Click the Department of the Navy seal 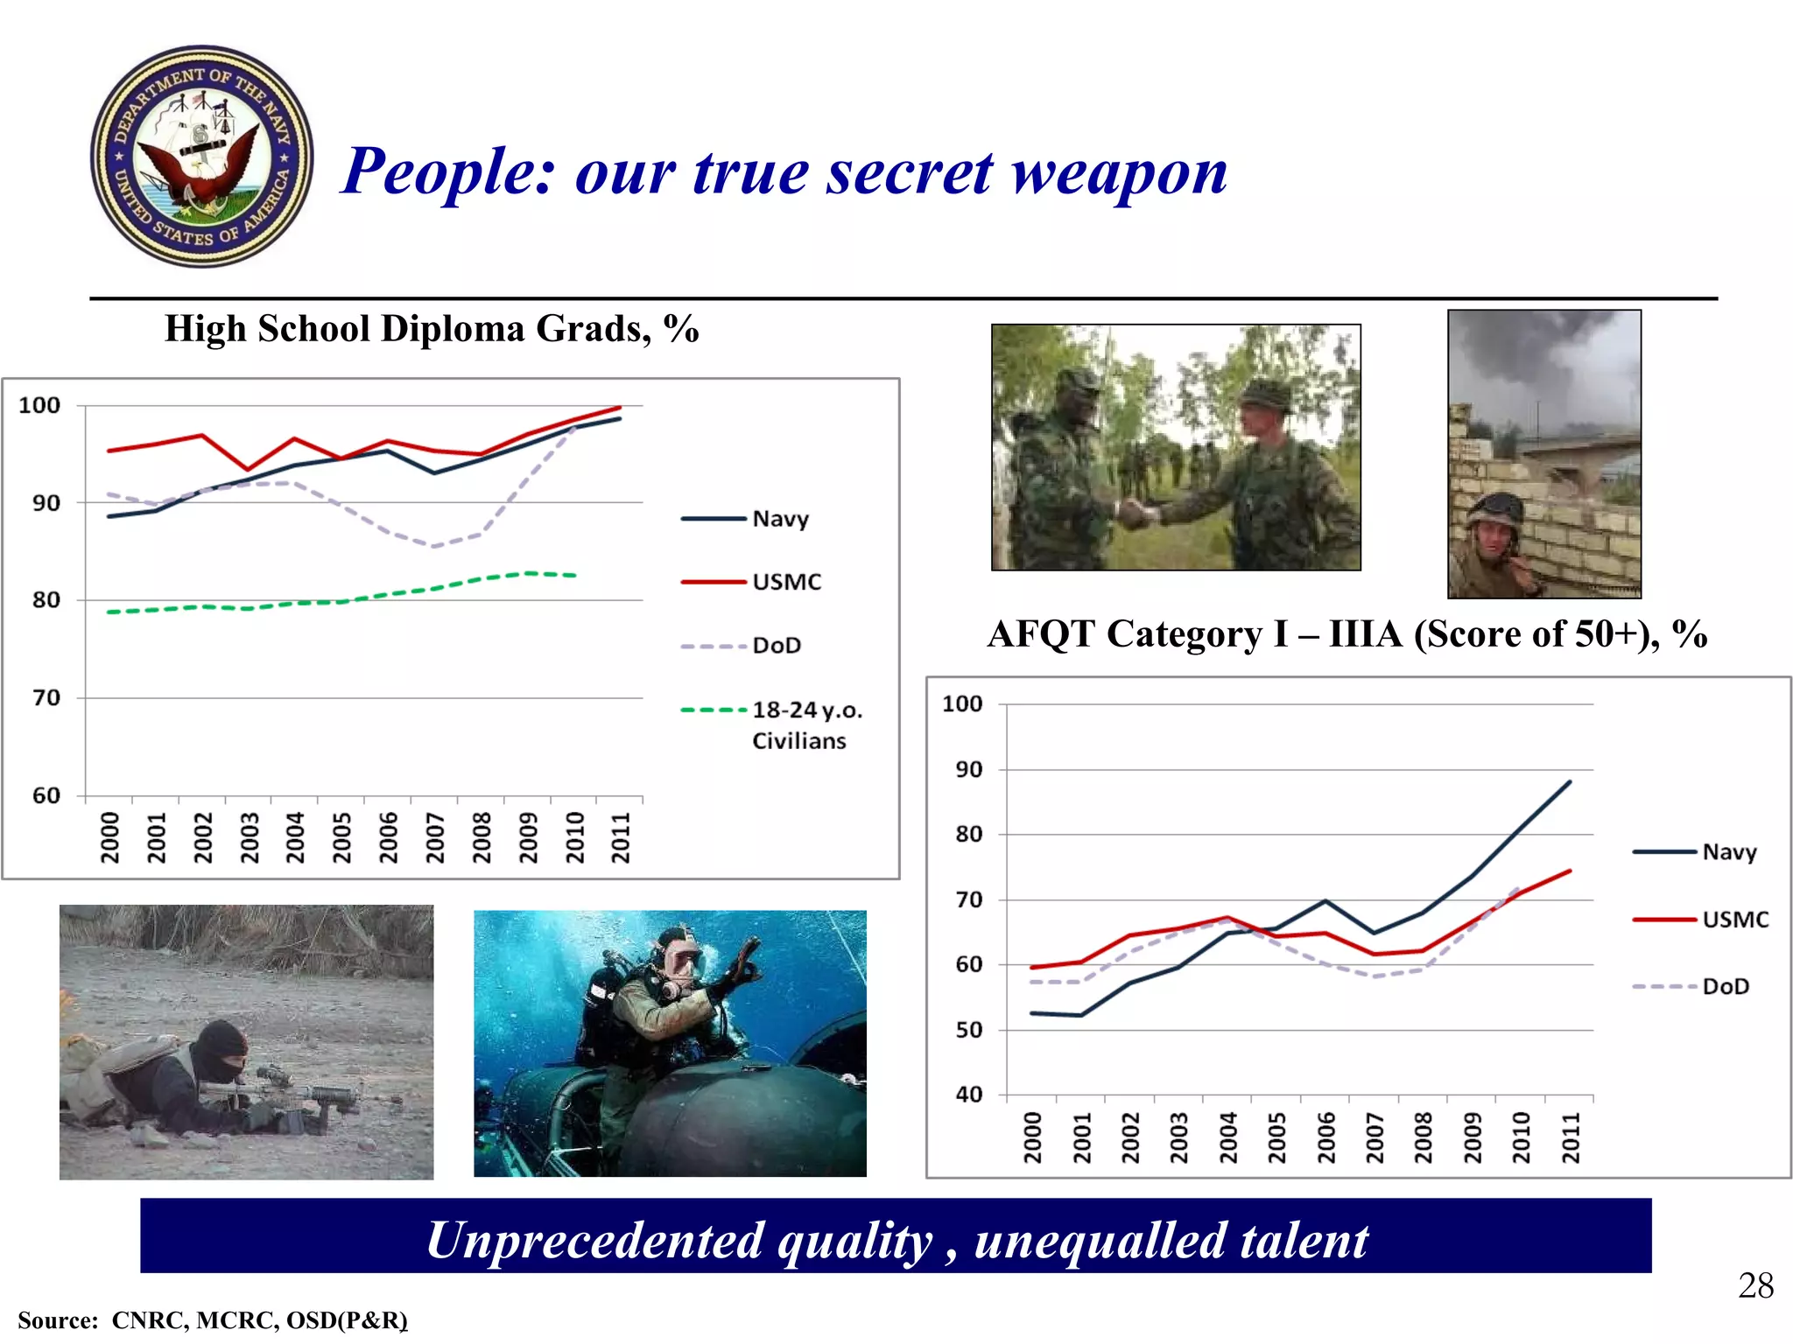[x=202, y=157]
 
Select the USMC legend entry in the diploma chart [x=786, y=582]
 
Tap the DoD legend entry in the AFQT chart [x=1725, y=986]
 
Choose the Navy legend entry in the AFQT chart [x=1728, y=851]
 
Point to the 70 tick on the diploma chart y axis [x=46, y=698]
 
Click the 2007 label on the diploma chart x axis [x=435, y=837]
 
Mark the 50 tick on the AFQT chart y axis [x=968, y=1030]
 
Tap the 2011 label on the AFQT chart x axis [x=1572, y=1137]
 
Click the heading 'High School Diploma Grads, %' [x=432, y=329]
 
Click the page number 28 [x=1755, y=1285]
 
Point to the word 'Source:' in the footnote [x=58, y=1320]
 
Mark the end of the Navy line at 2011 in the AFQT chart [x=1569, y=781]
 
